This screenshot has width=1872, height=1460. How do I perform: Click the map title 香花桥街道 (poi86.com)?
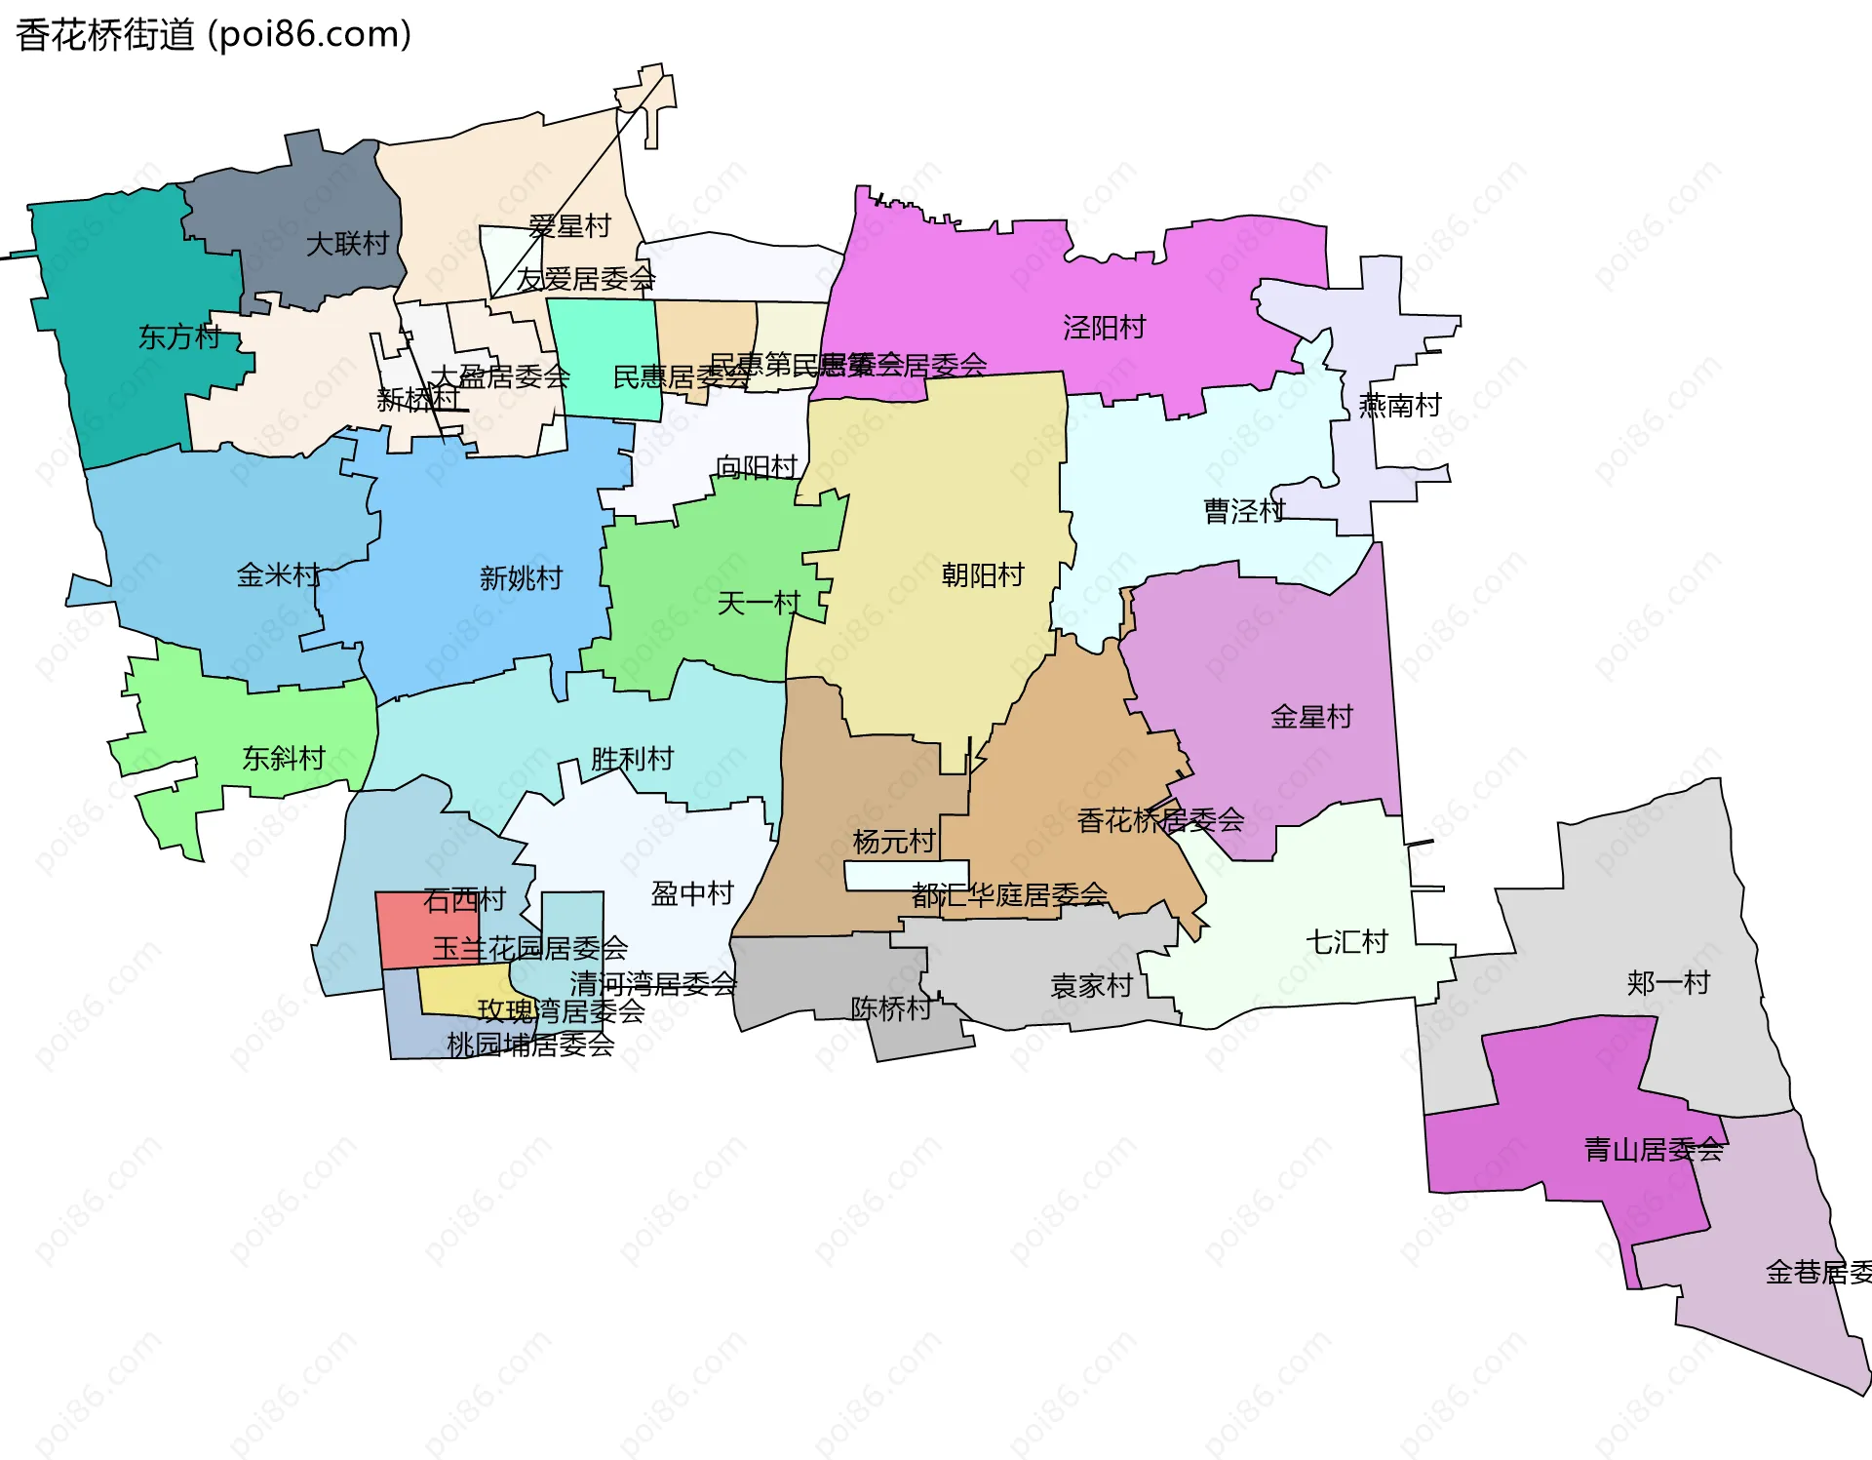214,34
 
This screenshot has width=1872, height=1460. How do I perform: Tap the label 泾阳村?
1104,328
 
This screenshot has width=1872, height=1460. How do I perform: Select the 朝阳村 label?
982,575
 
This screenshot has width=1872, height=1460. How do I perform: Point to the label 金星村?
1311,717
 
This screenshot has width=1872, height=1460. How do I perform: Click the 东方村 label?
179,337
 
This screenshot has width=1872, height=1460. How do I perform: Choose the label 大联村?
347,244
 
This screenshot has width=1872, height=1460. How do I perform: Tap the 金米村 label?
278,575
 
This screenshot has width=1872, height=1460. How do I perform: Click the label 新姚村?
521,578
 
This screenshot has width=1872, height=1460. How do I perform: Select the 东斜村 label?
283,758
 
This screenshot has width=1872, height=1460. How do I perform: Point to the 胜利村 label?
632,759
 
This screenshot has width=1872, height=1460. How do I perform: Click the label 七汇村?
1346,942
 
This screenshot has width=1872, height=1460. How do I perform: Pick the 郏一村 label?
1668,982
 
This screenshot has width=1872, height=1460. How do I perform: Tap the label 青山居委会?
1654,1150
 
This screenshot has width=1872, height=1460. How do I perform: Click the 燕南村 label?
1400,405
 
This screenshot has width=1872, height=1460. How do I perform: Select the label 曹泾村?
1244,511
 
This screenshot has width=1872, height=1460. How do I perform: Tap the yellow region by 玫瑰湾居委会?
458,990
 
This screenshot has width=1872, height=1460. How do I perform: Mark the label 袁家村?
1091,986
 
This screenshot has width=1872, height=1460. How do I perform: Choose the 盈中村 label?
692,893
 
